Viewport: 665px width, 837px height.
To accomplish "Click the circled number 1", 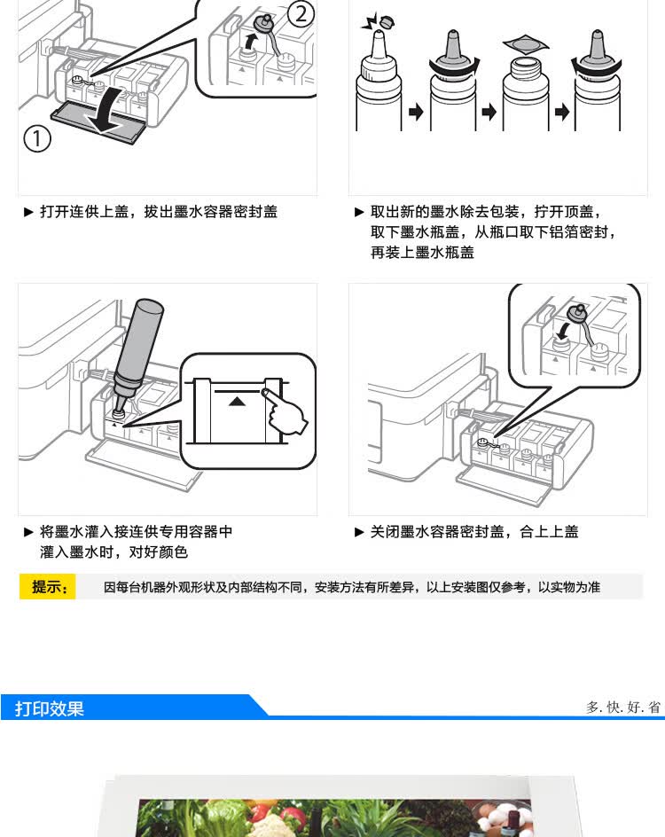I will tap(37, 139).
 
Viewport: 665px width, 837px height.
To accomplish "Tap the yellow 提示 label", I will tap(49, 587).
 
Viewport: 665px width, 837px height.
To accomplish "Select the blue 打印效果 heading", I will tap(50, 708).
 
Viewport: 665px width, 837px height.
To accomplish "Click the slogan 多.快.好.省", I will tap(623, 707).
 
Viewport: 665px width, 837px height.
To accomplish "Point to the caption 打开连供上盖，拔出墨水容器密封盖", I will tap(157, 212).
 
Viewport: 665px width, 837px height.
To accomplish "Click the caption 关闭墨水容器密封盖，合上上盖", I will tap(473, 532).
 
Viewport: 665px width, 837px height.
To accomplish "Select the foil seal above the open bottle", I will tap(520, 42).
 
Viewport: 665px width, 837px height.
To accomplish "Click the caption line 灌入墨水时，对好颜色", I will tap(113, 552).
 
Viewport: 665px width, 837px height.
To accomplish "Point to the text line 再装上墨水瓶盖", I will tap(422, 253).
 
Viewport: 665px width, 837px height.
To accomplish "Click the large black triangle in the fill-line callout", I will tap(236, 401).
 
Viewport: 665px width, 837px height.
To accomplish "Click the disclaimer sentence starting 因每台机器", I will tap(352, 587).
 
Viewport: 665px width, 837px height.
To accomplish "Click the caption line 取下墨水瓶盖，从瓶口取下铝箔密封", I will tap(492, 232).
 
